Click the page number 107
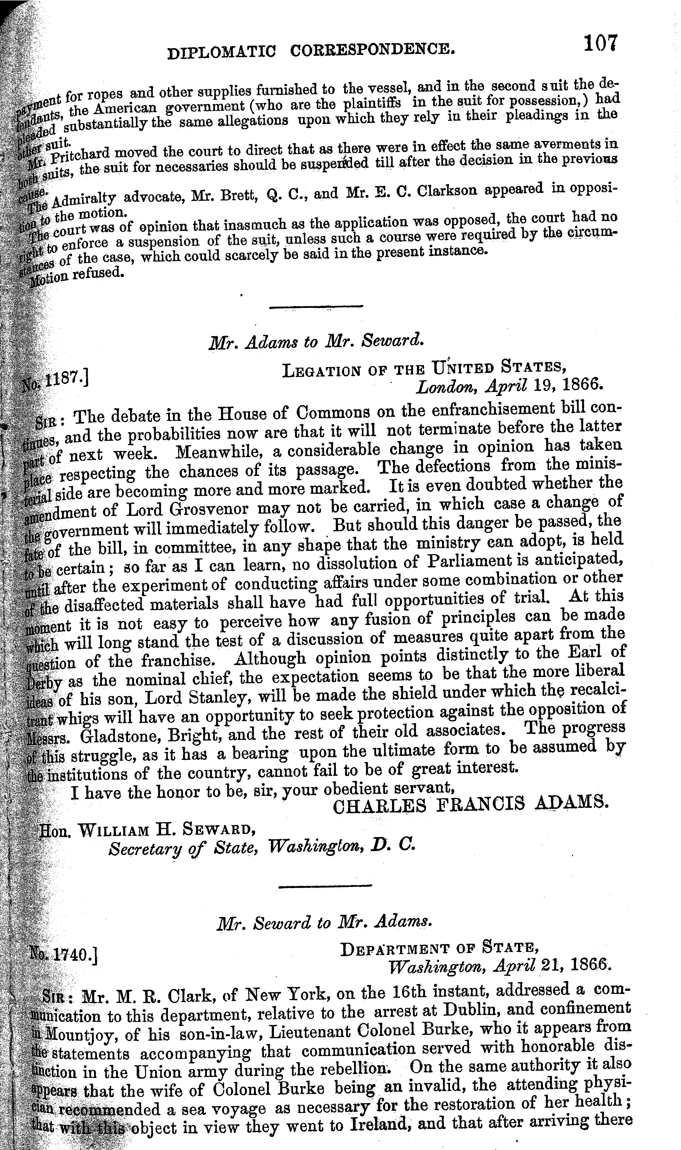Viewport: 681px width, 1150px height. (x=600, y=45)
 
